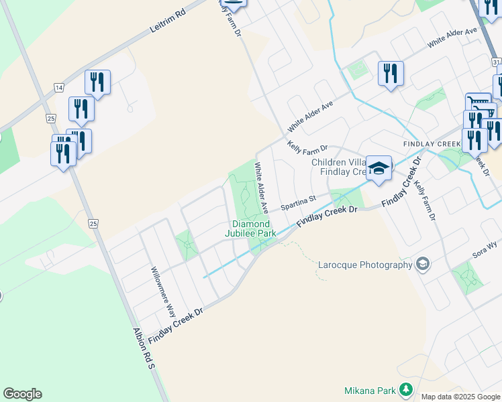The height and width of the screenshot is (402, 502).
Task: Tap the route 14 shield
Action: [59, 88]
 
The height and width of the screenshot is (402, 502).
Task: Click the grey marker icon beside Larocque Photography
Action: [422, 264]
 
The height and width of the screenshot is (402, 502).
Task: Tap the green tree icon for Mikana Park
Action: [405, 389]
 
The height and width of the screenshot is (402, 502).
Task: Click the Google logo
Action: [22, 394]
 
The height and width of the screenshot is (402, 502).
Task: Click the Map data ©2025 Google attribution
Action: [461, 397]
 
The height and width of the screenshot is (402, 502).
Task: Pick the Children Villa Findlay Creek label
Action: [338, 167]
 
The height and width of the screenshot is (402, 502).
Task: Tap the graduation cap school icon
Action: [379, 170]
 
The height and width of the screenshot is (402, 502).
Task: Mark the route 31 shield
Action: [496, 62]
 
